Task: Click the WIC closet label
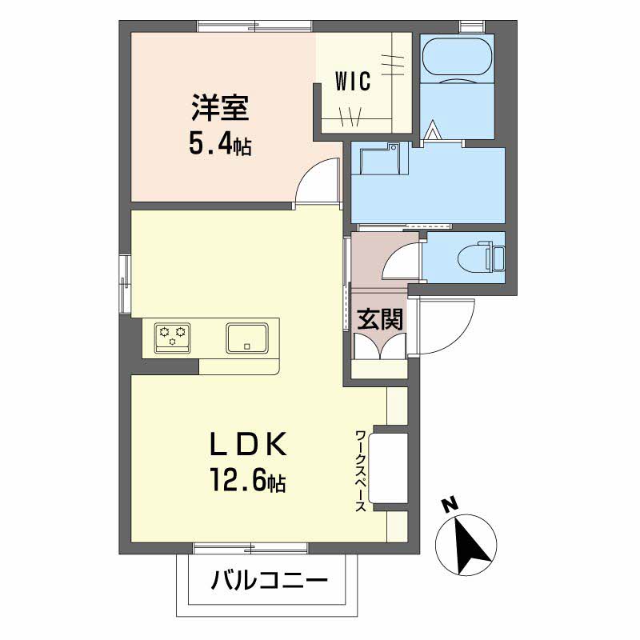point(353,81)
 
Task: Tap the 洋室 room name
point(220,108)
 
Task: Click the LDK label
point(248,445)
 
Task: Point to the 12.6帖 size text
point(248,481)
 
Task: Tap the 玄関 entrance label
point(380,318)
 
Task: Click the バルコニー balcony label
point(270,580)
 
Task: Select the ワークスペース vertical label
point(361,470)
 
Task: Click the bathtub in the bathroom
point(457,57)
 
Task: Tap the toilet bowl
point(482,258)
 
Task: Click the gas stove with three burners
point(172,338)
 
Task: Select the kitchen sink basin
point(247,338)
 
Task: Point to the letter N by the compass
point(450,505)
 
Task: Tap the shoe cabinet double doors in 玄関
point(380,346)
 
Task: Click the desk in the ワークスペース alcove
point(388,468)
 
